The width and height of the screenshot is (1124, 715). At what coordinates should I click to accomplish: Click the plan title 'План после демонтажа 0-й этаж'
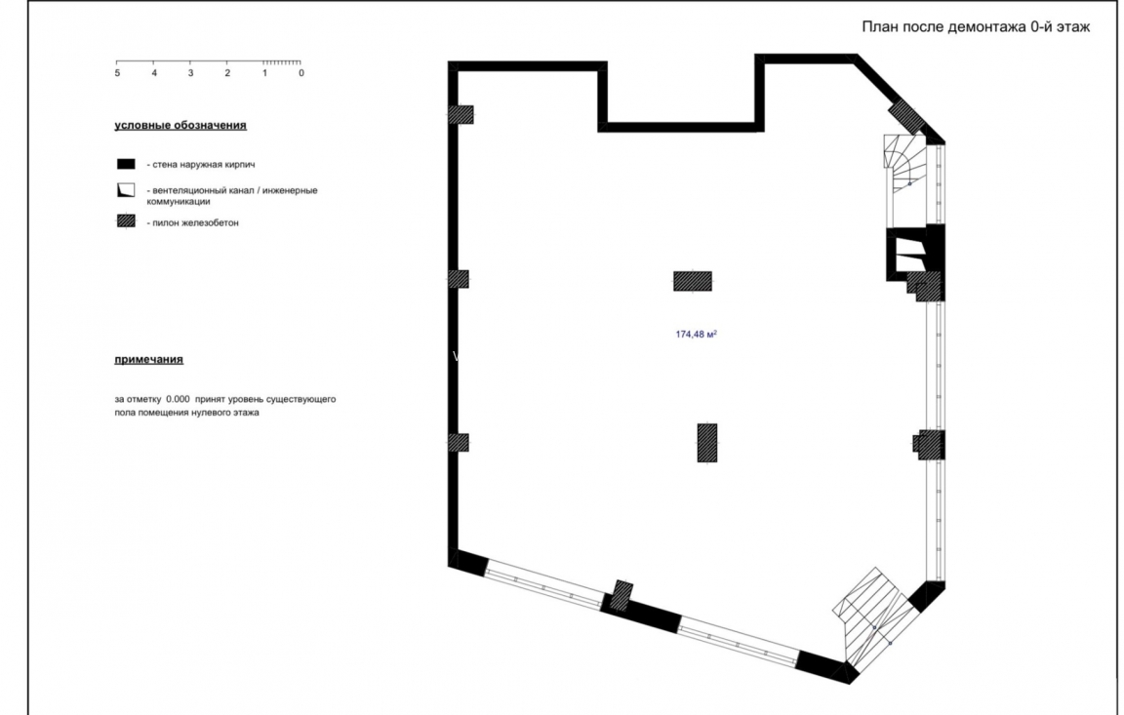(975, 27)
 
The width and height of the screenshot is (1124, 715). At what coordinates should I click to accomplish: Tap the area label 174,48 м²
(696, 335)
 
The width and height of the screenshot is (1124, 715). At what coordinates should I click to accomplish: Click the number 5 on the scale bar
(117, 74)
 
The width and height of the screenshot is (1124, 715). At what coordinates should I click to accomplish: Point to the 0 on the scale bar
(301, 74)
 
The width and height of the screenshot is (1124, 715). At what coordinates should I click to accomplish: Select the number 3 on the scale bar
(190, 74)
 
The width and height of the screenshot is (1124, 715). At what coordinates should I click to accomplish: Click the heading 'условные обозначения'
(181, 126)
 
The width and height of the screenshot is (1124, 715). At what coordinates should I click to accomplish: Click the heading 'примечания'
(148, 360)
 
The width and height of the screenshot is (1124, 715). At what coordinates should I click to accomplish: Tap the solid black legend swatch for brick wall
(126, 164)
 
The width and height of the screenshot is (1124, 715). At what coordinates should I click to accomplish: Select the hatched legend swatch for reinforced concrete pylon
(126, 221)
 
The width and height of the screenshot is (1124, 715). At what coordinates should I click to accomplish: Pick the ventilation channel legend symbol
(126, 191)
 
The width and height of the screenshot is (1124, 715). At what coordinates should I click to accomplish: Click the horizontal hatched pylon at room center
(693, 281)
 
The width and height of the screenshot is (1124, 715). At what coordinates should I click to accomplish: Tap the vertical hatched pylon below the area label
(707, 442)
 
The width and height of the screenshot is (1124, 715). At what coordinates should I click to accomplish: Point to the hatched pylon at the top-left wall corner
(461, 114)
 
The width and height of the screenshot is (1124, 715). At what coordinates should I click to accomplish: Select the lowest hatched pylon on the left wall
(459, 442)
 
